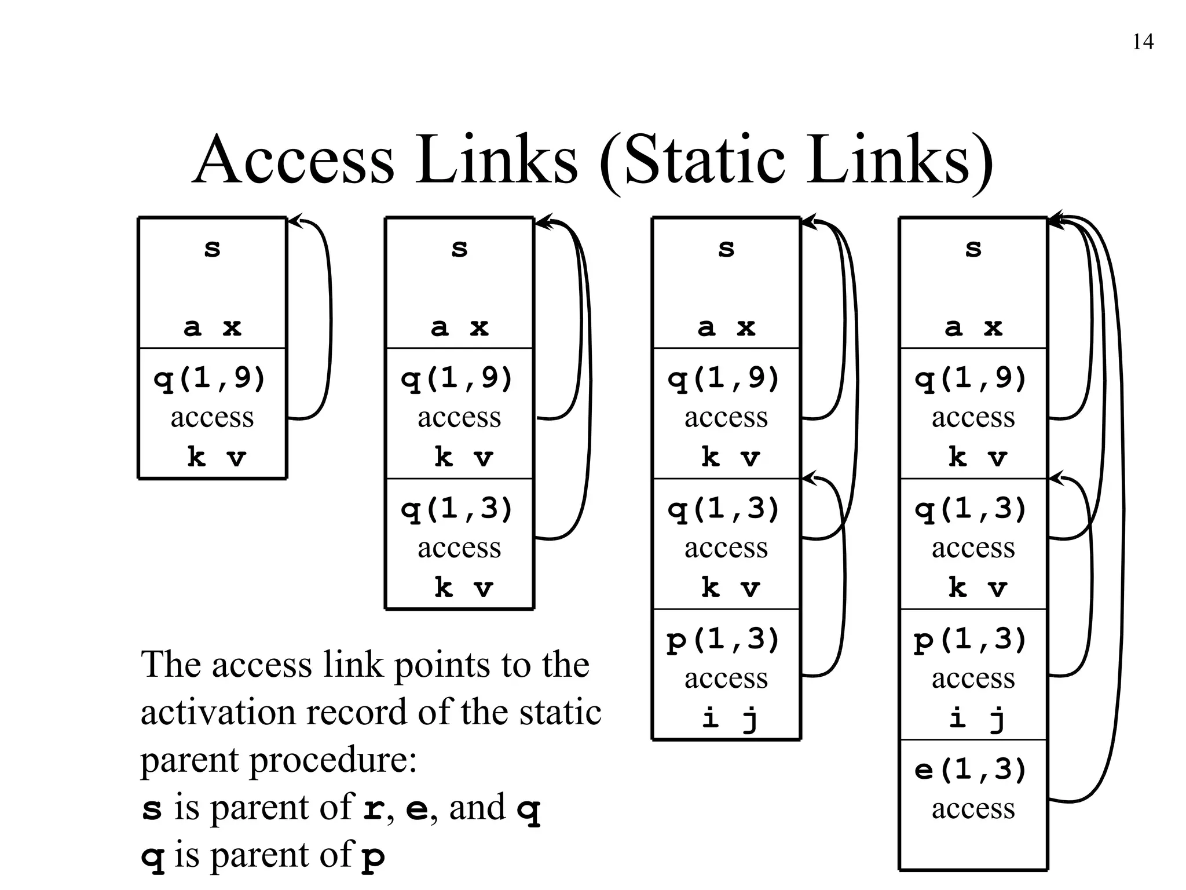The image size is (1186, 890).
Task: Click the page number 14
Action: tap(1143, 42)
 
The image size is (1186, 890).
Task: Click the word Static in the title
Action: tap(705, 160)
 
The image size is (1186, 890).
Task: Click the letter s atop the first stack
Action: tap(213, 249)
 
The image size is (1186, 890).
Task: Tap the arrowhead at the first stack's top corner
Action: tap(295, 221)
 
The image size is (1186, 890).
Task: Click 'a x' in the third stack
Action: tap(726, 328)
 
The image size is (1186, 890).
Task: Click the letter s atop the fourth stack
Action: tap(973, 249)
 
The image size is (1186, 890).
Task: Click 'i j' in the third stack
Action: tap(730, 718)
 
